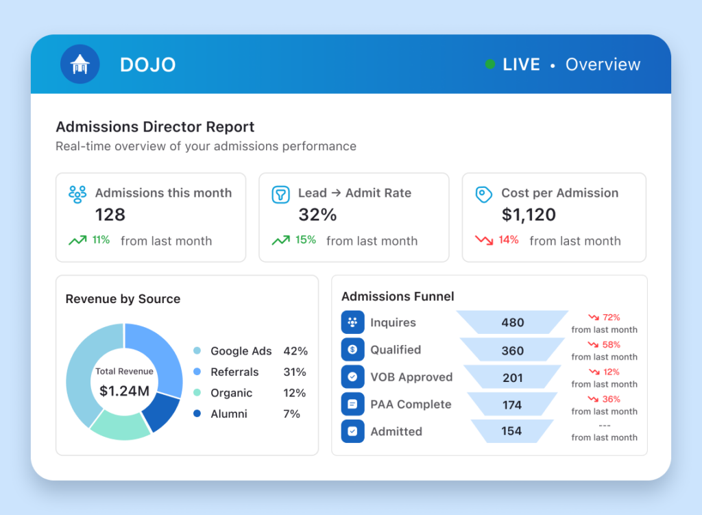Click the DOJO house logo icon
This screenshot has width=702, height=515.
tap(80, 64)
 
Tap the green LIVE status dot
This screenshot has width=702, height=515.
tap(490, 64)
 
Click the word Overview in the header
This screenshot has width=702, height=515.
tap(603, 64)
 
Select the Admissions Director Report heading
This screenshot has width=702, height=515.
tap(155, 127)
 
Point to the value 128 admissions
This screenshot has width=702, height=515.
tap(110, 215)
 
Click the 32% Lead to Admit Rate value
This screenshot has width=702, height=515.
tap(317, 215)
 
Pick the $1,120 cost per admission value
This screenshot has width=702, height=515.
tap(529, 215)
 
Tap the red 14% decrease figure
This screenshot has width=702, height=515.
tap(509, 240)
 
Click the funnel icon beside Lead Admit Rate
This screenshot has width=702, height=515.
tap(280, 195)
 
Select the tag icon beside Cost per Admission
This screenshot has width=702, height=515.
tap(483, 194)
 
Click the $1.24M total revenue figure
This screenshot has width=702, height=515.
tap(125, 391)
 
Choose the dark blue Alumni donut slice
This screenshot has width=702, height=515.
tap(160, 411)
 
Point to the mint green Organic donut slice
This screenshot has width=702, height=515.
tap(121, 425)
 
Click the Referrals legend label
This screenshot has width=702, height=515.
tap(234, 372)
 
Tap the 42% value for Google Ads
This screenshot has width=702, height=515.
tap(295, 351)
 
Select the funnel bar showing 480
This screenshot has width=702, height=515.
tap(512, 322)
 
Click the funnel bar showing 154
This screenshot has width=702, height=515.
tap(511, 431)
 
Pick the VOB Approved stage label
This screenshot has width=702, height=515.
tap(411, 377)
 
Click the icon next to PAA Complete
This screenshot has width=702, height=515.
tap(353, 405)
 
